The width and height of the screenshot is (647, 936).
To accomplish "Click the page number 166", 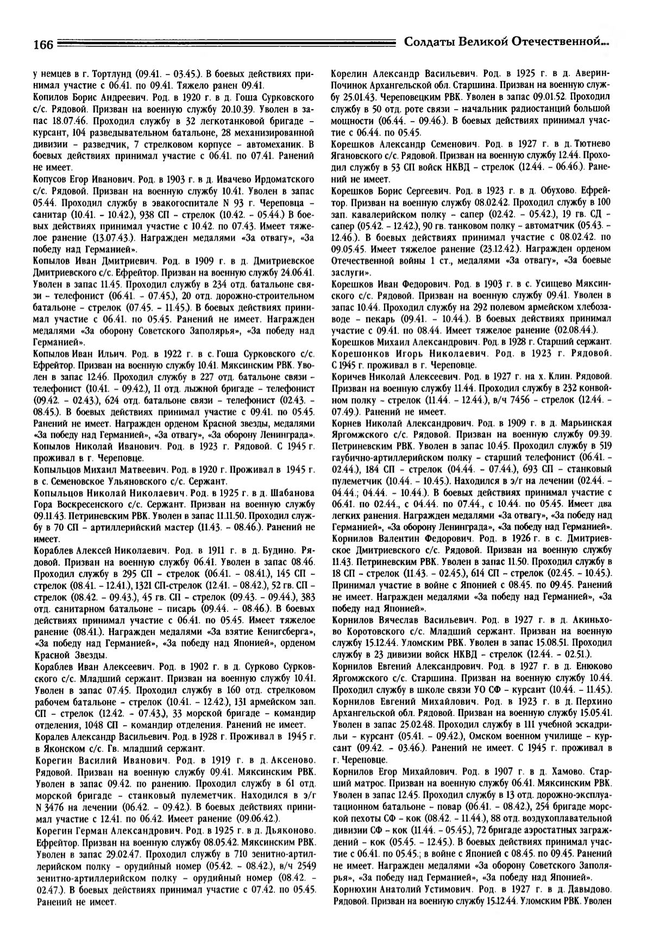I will [x=41, y=45].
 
